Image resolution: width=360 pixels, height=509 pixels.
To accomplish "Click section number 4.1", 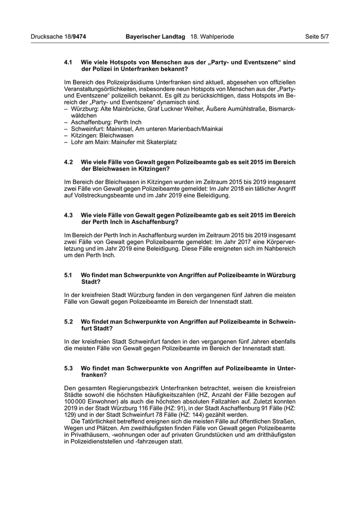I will pyautogui.click(x=68, y=62).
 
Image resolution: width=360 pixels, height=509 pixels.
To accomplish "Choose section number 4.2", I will pyautogui.click(x=68, y=161).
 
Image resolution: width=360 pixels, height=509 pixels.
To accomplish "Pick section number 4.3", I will pyautogui.click(x=68, y=215).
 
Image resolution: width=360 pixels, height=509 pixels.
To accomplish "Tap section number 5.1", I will pyautogui.click(x=68, y=275).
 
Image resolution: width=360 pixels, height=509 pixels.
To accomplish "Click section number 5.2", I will pyautogui.click(x=68, y=321).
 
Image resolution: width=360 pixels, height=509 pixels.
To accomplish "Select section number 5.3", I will pyautogui.click(x=68, y=368).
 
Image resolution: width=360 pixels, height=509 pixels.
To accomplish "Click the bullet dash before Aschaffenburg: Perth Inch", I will pyautogui.click(x=66, y=122).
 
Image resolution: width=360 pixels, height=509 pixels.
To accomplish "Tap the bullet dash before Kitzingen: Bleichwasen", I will pyautogui.click(x=66, y=135).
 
